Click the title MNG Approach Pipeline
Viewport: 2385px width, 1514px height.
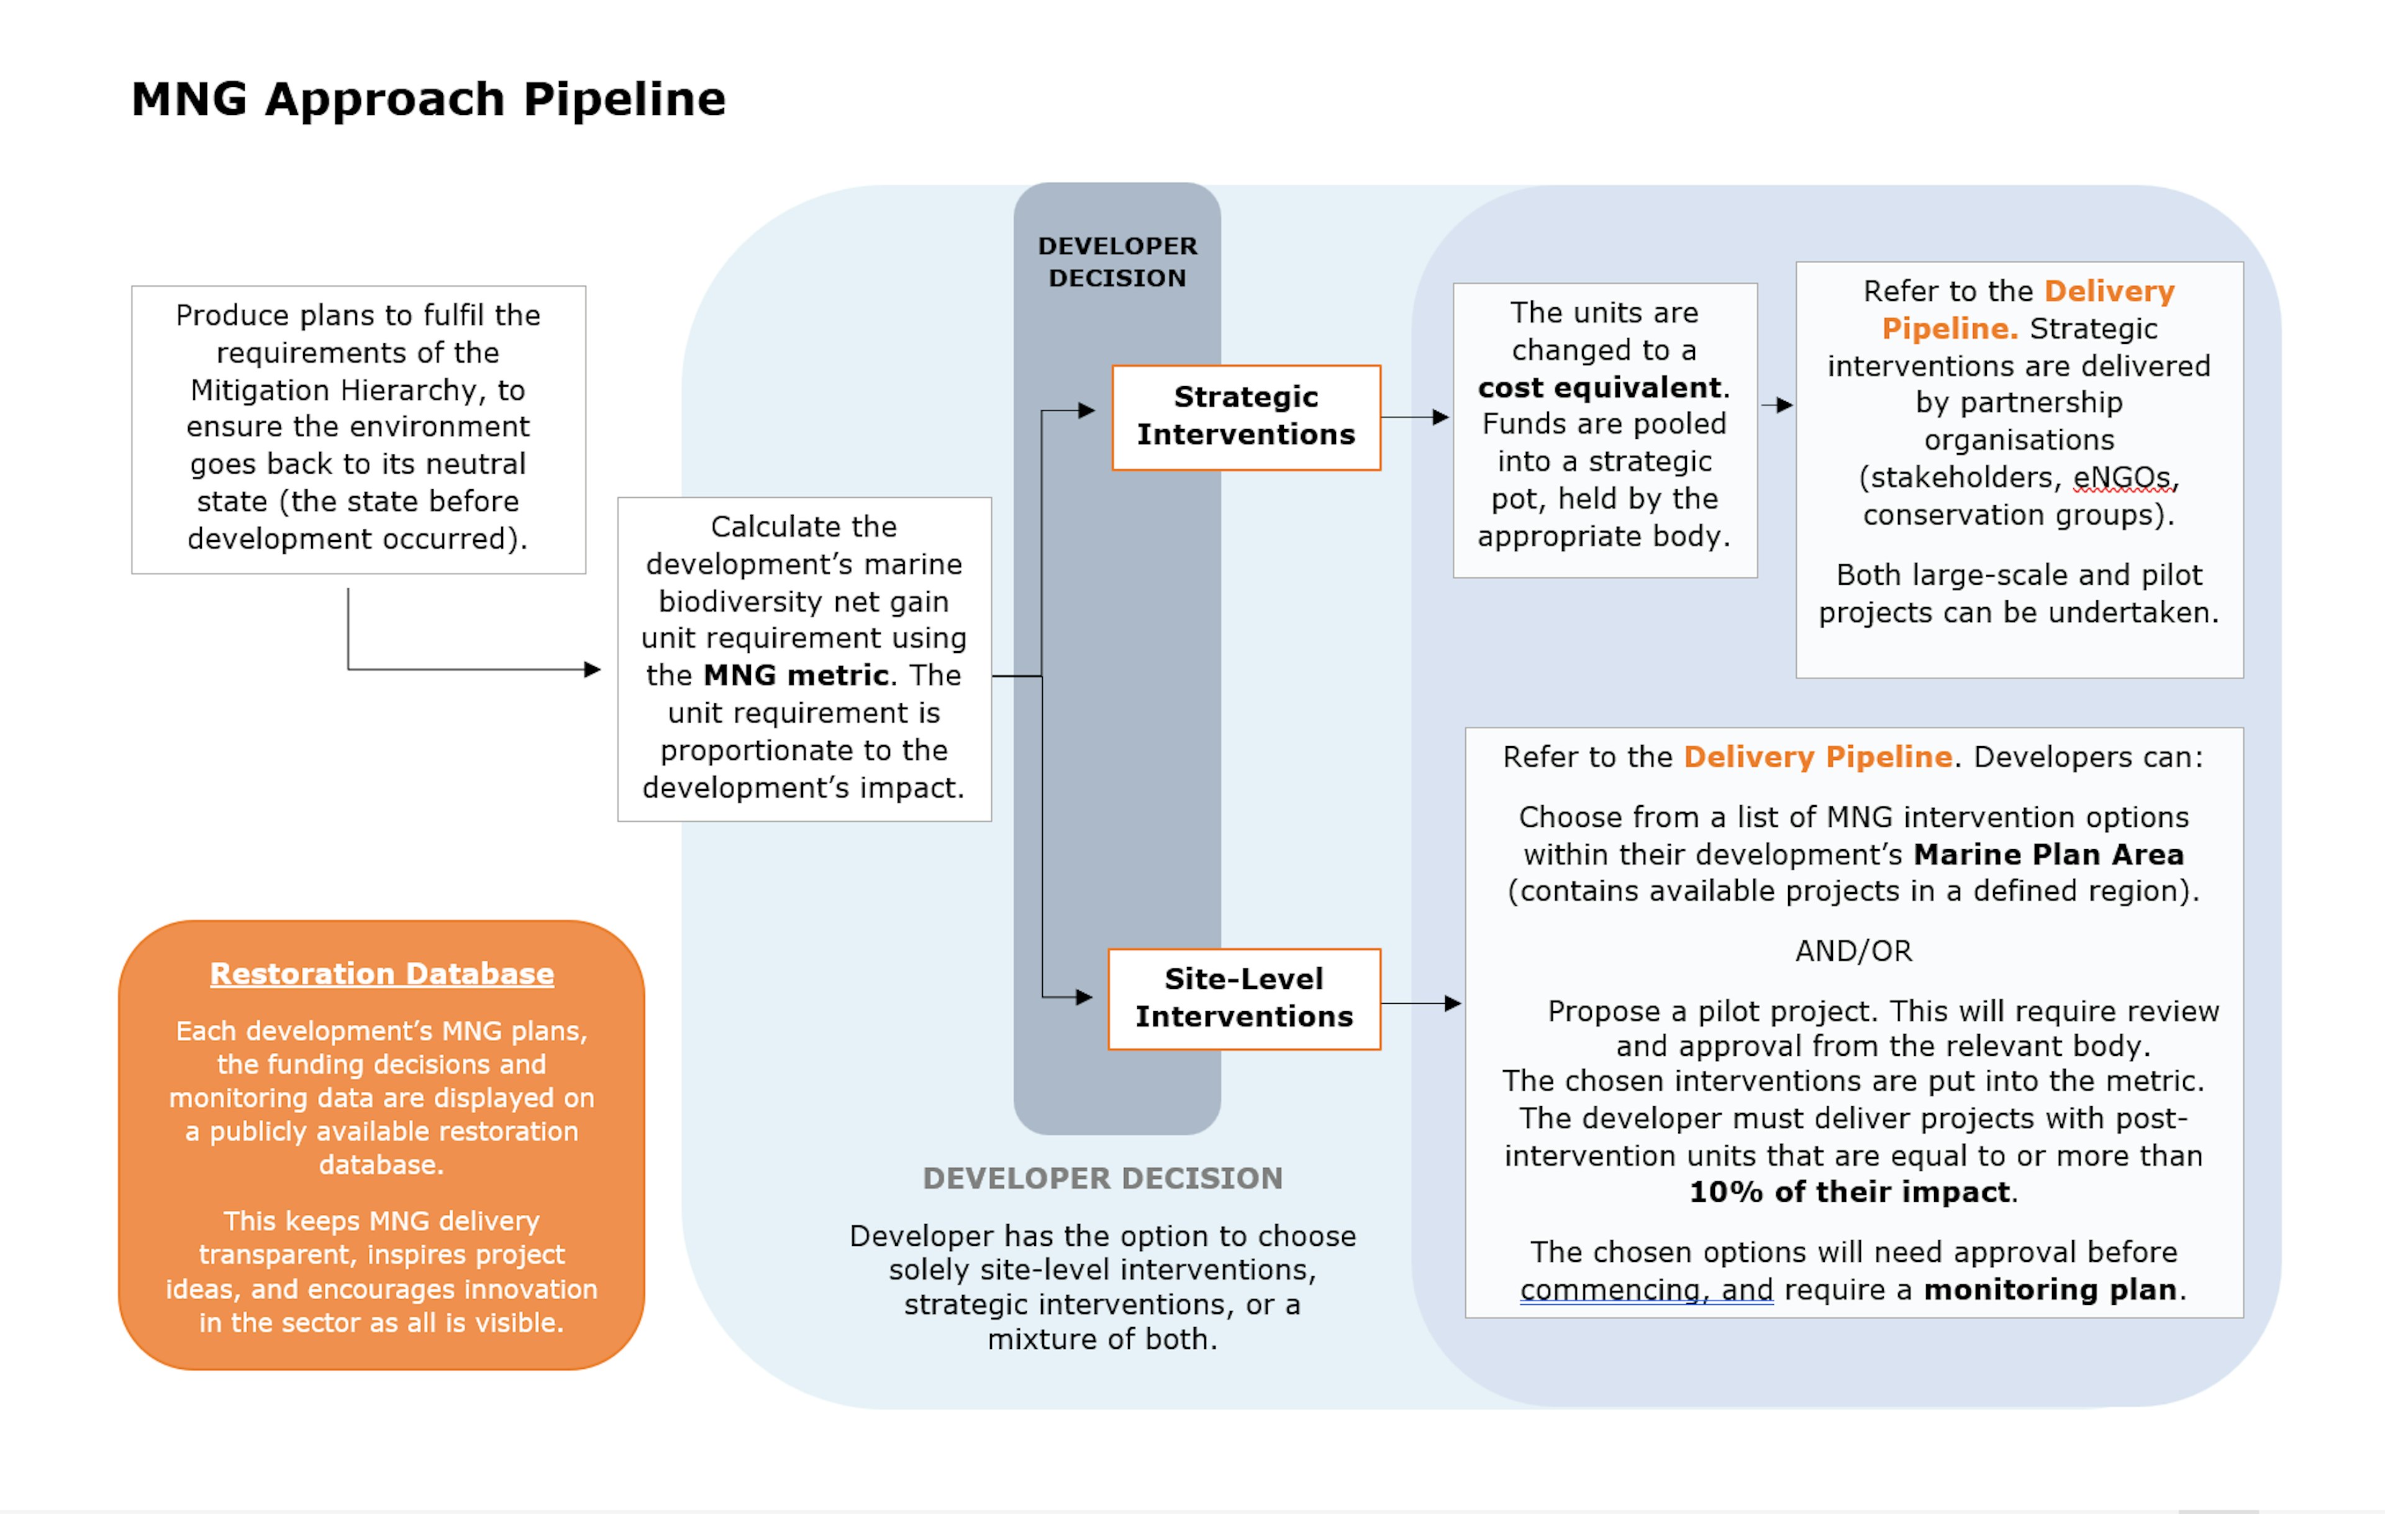(428, 100)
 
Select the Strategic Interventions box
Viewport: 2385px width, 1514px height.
(1246, 417)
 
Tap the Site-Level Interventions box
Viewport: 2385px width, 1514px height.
(1244, 998)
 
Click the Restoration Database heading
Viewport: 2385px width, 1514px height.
(381, 973)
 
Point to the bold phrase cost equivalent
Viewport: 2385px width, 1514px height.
(1599, 387)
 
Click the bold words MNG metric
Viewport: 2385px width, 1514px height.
(796, 675)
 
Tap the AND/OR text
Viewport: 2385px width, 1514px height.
(1853, 950)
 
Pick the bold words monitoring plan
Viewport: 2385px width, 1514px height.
(2049, 1289)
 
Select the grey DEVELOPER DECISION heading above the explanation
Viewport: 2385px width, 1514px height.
(1102, 1178)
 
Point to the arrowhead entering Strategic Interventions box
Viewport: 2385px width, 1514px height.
(1086, 410)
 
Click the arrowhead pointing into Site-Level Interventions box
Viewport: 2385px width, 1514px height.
(1084, 997)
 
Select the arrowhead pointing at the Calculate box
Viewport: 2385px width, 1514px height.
(593, 669)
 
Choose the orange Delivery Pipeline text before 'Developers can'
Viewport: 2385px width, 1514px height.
(1817, 757)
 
